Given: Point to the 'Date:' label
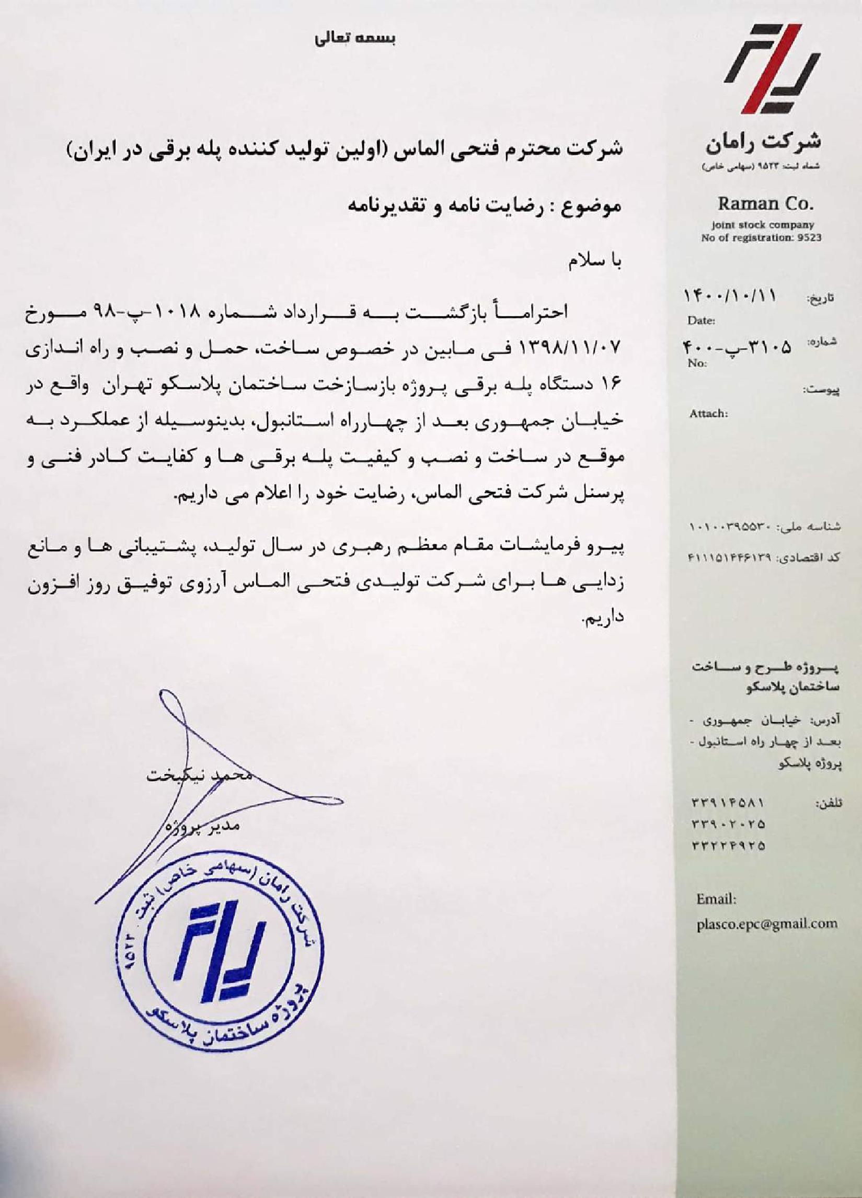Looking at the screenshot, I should (x=701, y=321).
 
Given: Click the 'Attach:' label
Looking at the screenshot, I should (x=708, y=414).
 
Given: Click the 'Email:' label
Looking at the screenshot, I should (x=716, y=898).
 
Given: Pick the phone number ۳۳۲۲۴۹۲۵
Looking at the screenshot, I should (x=728, y=846).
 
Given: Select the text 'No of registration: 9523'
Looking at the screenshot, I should (x=761, y=238).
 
